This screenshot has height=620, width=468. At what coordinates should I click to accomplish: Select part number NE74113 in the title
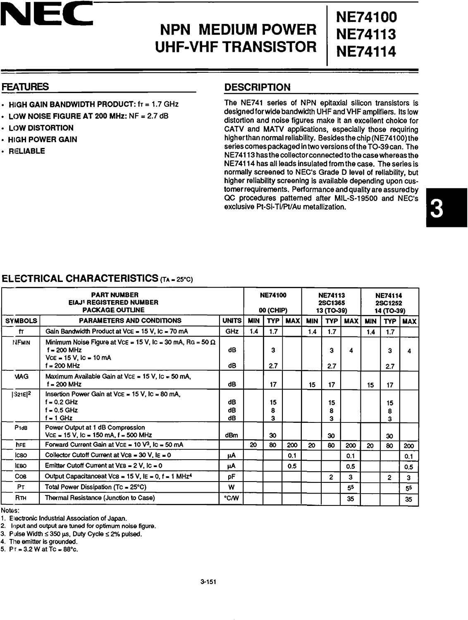366,34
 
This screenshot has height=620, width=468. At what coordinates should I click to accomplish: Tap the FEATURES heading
25,87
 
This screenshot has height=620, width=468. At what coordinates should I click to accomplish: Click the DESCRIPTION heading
257,87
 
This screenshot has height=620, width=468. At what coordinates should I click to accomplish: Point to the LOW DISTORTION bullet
41,128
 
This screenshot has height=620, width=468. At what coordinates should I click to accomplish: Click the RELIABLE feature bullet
26,151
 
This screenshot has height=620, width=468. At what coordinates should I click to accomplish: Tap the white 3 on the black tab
437,209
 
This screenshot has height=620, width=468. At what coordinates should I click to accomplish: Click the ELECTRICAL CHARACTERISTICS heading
80,279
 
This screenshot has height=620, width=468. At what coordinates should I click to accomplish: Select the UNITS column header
232,321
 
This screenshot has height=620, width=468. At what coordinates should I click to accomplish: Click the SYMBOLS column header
21,321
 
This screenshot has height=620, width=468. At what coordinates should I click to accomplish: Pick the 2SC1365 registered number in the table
332,303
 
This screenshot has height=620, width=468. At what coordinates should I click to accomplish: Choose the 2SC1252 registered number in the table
389,303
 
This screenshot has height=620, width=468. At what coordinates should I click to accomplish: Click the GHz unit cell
232,331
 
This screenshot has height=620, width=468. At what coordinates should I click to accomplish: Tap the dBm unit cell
232,435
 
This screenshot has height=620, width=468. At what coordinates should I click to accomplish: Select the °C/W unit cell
232,498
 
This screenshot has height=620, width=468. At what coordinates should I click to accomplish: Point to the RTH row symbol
21,498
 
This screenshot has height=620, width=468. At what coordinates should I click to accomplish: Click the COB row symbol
21,477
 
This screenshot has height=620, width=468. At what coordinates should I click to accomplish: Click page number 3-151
208,582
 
